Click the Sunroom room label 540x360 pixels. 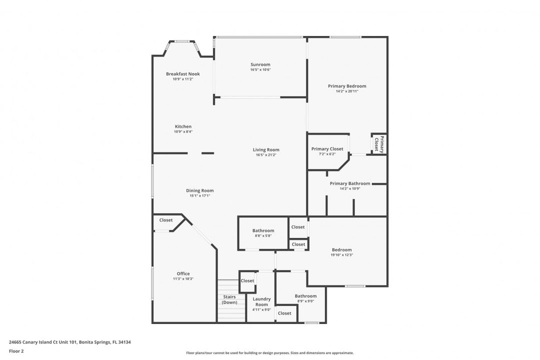coord(260,64)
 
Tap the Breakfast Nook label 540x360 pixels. coord(183,73)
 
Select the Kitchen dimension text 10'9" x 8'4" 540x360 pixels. coord(183,131)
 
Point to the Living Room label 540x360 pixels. coord(266,150)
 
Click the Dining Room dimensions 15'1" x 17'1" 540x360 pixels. coord(199,195)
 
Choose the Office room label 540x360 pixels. coord(183,273)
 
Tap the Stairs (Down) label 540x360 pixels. coord(229,299)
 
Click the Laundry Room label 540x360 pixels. coord(261,302)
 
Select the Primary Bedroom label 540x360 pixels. coord(347,86)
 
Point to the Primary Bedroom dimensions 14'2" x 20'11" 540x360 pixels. coord(347,91)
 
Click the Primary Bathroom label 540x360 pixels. coord(350,183)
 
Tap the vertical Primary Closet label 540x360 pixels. coord(379,144)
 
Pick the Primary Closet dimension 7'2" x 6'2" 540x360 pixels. coord(327,154)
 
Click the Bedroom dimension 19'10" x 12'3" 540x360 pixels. coord(341,255)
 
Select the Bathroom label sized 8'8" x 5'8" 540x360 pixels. coord(263,231)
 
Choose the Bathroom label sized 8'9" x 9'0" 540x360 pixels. coord(305,296)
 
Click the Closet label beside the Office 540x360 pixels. coord(166,220)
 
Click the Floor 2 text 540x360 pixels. coord(16,351)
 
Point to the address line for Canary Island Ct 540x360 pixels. coord(70,342)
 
